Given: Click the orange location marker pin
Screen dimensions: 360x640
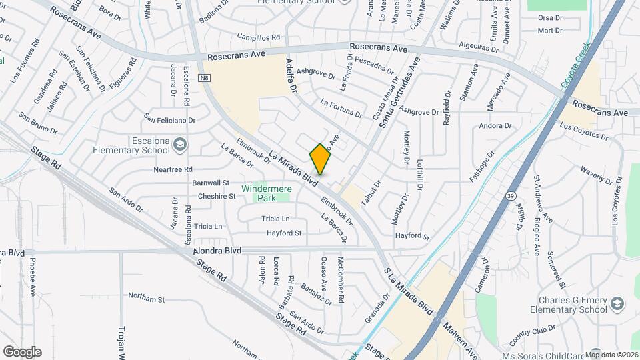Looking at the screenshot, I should [x=321, y=159].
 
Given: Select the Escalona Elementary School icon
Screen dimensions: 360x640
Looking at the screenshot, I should [x=179, y=144].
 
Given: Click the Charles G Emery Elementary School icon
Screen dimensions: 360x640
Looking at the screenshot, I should [x=617, y=305].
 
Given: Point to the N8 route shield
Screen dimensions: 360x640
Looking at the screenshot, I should [x=205, y=79].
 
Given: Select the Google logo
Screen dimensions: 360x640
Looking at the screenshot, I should [x=22, y=351].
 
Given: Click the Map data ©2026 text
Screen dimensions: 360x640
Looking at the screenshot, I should [x=611, y=354].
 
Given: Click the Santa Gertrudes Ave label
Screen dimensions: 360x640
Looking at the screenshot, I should [x=399, y=93].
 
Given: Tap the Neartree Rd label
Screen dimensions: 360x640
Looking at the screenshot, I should [x=173, y=169].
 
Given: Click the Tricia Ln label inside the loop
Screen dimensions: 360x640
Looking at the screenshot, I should [x=275, y=219].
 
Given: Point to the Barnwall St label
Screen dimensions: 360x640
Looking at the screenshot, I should [x=211, y=183].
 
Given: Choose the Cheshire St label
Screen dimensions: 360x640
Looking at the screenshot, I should [x=217, y=197].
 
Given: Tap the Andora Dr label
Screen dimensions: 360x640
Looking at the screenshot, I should [x=495, y=125].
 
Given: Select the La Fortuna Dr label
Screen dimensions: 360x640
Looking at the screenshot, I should [x=341, y=108].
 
